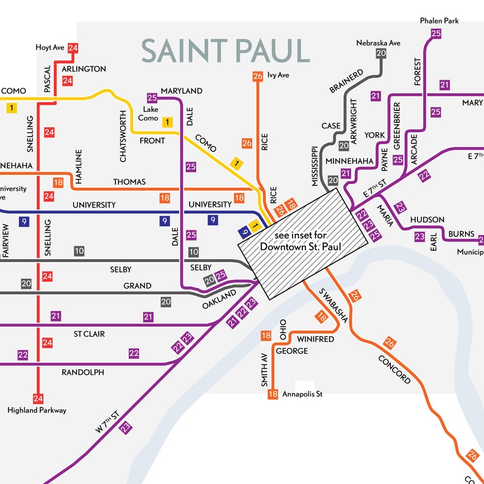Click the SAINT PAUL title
(x=226, y=51)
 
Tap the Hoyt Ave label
(x=51, y=47)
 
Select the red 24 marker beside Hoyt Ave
(x=73, y=48)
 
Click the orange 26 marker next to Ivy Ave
(x=257, y=76)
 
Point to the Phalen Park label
(x=439, y=21)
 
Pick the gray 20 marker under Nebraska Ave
(x=381, y=54)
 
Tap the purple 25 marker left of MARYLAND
(x=152, y=98)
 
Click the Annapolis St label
(x=302, y=394)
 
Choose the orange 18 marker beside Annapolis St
(x=272, y=394)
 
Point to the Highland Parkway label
(x=37, y=410)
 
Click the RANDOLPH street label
(x=83, y=372)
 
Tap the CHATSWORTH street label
(x=124, y=136)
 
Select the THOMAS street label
(x=129, y=182)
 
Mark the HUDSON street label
(x=427, y=219)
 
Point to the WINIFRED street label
(x=316, y=339)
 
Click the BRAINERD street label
(x=346, y=82)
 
